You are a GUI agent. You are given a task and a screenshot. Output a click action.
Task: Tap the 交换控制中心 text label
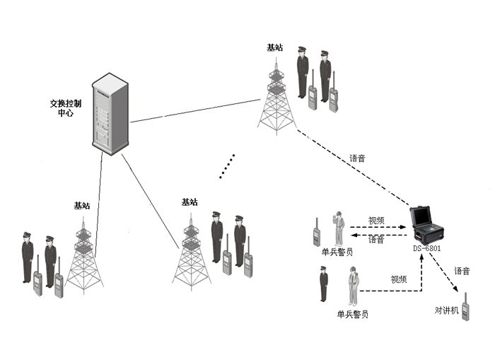pyautogui.click(x=65, y=108)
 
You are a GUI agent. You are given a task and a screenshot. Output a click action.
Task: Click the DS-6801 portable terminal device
pyautogui.click(x=429, y=224)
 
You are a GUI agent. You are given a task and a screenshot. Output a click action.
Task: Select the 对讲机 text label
pyautogui.click(x=446, y=310)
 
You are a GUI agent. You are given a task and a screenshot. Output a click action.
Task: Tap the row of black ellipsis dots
pyautogui.click(x=227, y=166)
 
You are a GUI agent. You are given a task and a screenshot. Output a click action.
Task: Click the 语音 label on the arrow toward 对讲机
pyautogui.click(x=462, y=271)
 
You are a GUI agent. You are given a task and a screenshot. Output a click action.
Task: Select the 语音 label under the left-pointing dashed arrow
pyautogui.click(x=376, y=240)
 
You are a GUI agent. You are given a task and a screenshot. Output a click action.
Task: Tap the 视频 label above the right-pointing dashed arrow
pyautogui.click(x=376, y=221)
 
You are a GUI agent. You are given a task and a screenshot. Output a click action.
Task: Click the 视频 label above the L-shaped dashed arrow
pyautogui.click(x=399, y=279)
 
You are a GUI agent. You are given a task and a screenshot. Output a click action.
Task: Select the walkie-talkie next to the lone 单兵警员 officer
pyautogui.click(x=317, y=233)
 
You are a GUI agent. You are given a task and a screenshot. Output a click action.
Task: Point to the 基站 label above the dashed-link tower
pyautogui.click(x=274, y=47)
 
